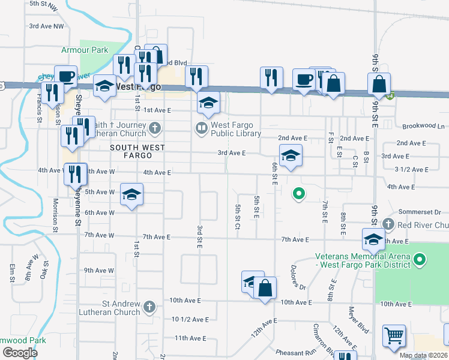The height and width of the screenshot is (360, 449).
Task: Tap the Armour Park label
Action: point(82,50)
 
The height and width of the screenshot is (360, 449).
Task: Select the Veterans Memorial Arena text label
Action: point(364,261)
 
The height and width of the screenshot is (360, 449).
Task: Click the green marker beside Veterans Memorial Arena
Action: point(420,260)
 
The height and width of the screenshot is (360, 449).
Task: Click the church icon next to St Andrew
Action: point(150,307)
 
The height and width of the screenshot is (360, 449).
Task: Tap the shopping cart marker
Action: point(394,337)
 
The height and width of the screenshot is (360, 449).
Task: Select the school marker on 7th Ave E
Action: point(373,239)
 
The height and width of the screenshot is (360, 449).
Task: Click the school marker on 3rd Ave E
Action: point(291,155)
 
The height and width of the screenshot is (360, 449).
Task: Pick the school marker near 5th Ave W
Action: point(132,194)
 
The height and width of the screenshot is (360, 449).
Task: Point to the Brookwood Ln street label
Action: point(424,127)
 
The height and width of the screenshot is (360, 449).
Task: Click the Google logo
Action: point(20,353)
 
